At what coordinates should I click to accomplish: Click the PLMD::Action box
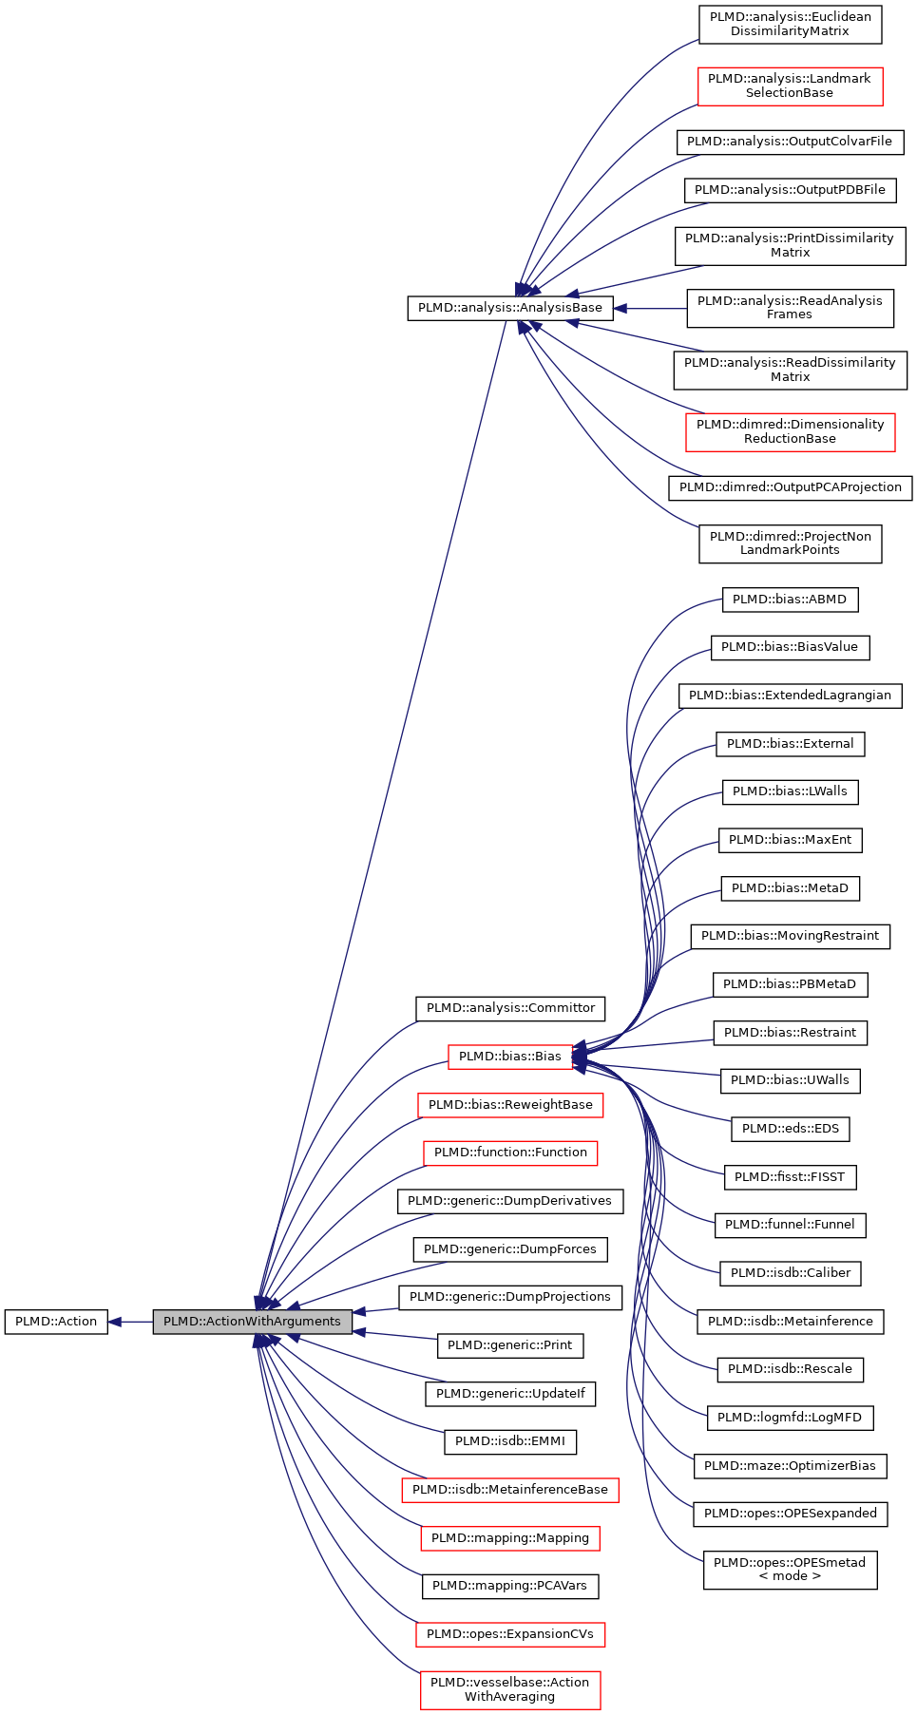click(56, 1322)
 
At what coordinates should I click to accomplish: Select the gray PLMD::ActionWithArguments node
click(252, 1322)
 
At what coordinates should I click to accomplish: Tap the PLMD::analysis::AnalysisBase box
click(510, 308)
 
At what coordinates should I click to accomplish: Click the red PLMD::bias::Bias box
click(510, 1057)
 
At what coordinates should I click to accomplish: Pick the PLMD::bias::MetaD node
click(790, 888)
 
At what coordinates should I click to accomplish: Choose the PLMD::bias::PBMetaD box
click(790, 984)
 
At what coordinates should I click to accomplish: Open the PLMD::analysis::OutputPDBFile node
click(790, 190)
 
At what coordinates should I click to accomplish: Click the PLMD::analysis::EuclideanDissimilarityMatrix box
click(790, 25)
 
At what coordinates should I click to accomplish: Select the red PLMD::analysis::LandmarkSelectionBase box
click(790, 86)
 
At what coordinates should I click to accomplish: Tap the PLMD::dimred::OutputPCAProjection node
click(790, 487)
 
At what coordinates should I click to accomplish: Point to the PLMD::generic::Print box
click(510, 1345)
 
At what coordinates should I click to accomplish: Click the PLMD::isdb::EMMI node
click(510, 1441)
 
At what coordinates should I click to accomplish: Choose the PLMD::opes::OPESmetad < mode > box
click(790, 1570)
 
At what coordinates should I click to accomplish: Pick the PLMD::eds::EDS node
click(790, 1129)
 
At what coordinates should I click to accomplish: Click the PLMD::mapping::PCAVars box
click(510, 1586)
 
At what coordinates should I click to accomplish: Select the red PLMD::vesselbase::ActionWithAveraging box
click(510, 1689)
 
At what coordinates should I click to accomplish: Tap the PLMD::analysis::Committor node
click(510, 1008)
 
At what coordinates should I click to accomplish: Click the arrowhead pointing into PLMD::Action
click(115, 1322)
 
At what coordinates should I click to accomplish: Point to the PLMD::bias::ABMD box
click(790, 600)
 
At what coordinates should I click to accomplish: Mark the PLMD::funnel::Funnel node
click(790, 1225)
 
